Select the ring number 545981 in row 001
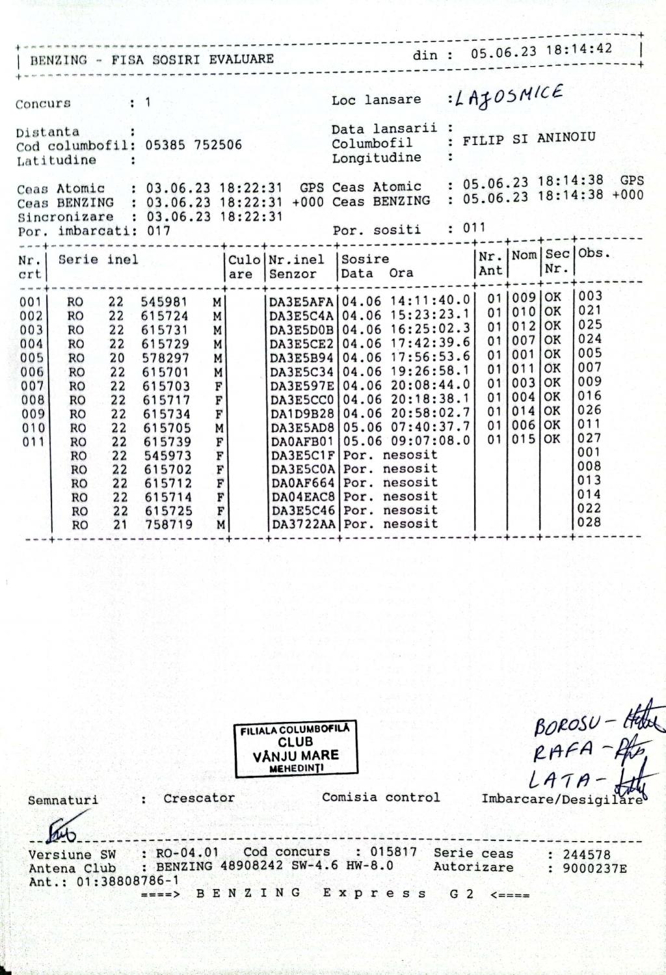coord(164,302)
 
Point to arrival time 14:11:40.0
coord(430,301)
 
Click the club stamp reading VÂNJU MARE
coord(296,749)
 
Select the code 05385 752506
coord(193,145)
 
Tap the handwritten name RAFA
coord(563,752)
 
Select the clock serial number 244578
coord(587,855)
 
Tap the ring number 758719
coord(168,524)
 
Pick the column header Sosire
coord(366,259)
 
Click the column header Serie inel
coord(98,260)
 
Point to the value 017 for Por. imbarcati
coord(158,230)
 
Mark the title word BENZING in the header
coord(59,60)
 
